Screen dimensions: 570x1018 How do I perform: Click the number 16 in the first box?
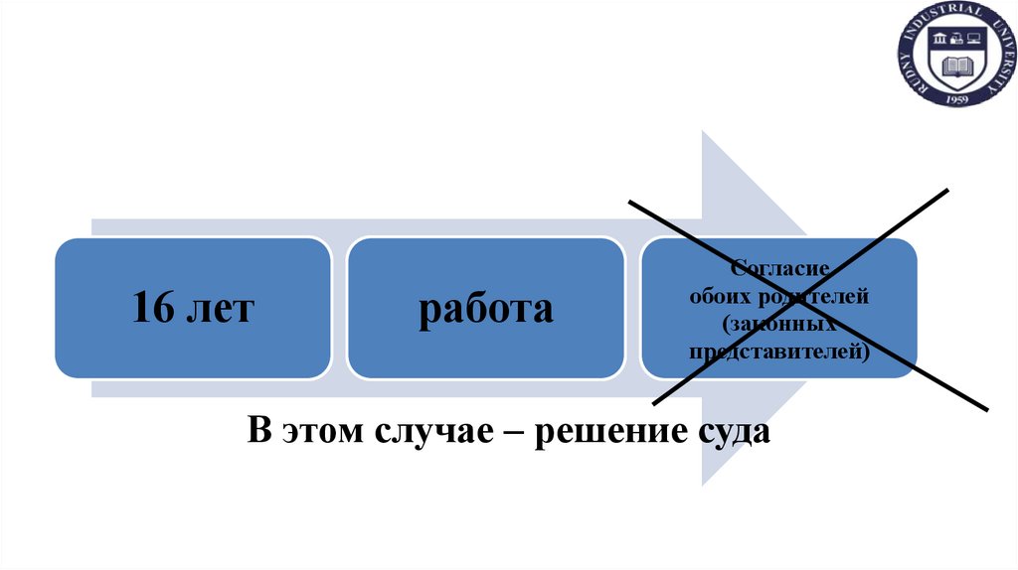(153, 309)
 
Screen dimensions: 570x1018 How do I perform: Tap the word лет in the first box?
(221, 309)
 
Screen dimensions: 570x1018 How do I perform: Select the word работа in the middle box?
(485, 309)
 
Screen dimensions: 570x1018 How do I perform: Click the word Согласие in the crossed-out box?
(778, 268)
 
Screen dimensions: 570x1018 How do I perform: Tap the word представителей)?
(778, 350)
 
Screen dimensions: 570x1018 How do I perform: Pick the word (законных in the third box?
(778, 323)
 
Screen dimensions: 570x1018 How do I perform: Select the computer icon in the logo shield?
(955, 41)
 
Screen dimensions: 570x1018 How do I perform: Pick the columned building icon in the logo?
(938, 41)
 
